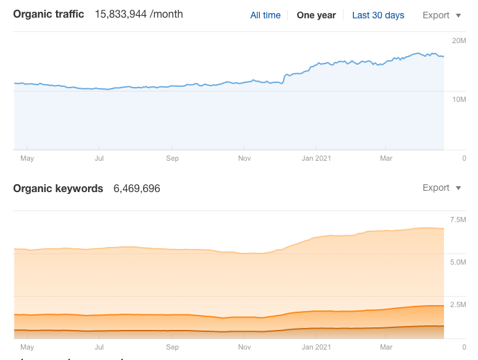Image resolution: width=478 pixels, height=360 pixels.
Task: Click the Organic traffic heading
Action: (49, 14)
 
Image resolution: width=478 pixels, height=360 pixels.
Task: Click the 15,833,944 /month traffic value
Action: (138, 14)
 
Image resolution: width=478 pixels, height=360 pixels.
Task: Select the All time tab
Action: (265, 15)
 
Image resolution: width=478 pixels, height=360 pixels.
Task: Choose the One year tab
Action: (316, 15)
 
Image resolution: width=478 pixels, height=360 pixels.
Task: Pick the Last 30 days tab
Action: (378, 15)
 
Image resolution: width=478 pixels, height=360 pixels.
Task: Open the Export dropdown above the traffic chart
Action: (441, 15)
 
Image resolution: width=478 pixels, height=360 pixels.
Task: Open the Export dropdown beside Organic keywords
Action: (441, 188)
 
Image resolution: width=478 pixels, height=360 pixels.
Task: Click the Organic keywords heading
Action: (58, 188)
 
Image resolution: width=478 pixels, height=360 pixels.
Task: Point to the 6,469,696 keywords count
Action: (136, 188)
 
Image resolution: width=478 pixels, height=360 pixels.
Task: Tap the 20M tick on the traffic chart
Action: (459, 41)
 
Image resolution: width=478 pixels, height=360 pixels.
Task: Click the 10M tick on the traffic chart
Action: (459, 99)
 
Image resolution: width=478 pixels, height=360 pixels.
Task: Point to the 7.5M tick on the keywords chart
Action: (458, 220)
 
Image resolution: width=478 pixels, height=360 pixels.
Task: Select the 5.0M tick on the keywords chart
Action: (458, 262)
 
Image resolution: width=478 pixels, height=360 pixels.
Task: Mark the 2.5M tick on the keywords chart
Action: (458, 304)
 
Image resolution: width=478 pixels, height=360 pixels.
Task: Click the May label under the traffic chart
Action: (27, 158)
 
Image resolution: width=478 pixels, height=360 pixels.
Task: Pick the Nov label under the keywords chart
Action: (244, 347)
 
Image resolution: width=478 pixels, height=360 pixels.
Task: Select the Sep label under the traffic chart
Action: (172, 158)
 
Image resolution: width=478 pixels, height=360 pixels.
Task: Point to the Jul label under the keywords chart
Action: (99, 347)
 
